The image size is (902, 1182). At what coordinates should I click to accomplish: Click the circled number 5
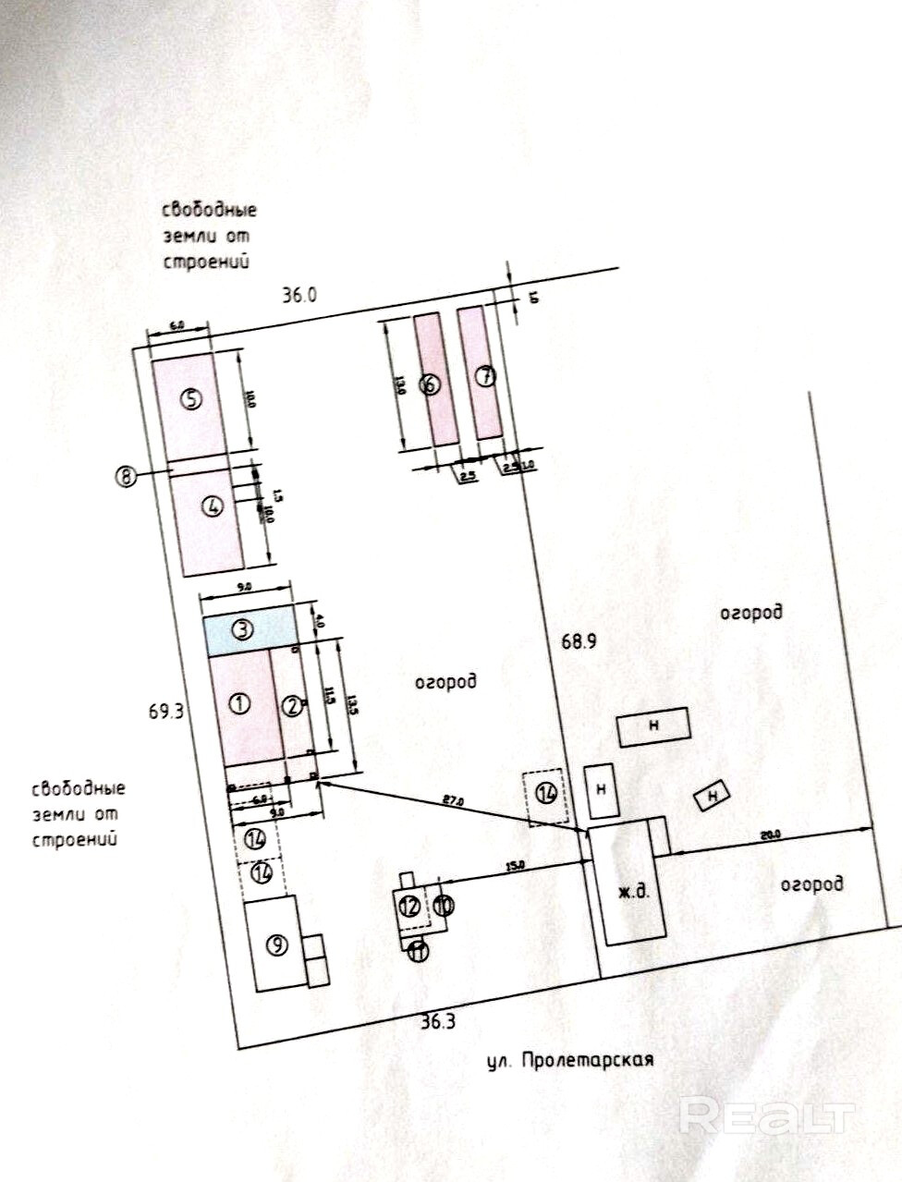tap(191, 399)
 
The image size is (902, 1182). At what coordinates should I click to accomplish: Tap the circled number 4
tap(213, 506)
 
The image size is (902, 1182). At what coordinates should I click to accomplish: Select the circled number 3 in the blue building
tap(242, 630)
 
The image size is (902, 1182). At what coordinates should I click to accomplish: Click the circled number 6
tap(430, 384)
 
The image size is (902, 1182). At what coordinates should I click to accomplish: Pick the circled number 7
tap(486, 375)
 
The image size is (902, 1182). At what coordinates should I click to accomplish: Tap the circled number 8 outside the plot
tap(124, 476)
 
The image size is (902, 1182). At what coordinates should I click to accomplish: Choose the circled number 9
tap(275, 944)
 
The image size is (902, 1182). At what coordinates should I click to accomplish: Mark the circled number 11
tap(419, 950)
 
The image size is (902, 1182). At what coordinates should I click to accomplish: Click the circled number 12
tap(409, 907)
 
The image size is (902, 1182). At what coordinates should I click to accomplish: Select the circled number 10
tap(444, 906)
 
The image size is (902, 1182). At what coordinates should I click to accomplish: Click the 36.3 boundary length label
tap(438, 1022)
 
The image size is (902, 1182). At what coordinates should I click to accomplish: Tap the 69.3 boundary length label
tap(167, 712)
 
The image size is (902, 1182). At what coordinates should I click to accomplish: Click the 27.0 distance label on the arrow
tap(454, 800)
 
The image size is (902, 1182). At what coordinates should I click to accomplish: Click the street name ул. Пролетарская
tap(570, 1059)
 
